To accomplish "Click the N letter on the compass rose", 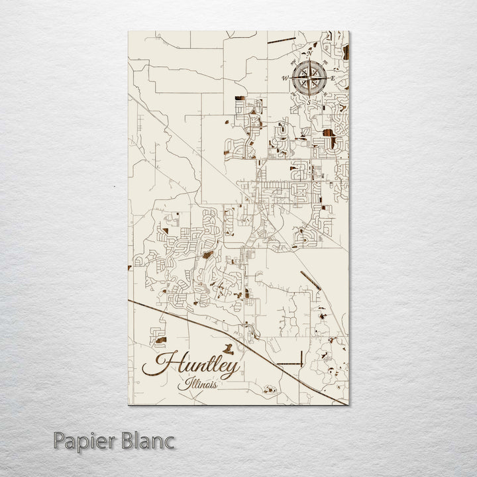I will (x=309, y=54).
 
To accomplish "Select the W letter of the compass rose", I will (x=285, y=78).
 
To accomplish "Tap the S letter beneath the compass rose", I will (x=309, y=101).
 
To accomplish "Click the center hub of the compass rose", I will (x=309, y=78).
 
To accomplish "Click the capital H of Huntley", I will (x=163, y=365).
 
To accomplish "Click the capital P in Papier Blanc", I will (x=61, y=440).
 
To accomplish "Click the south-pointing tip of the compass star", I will (x=309, y=96).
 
